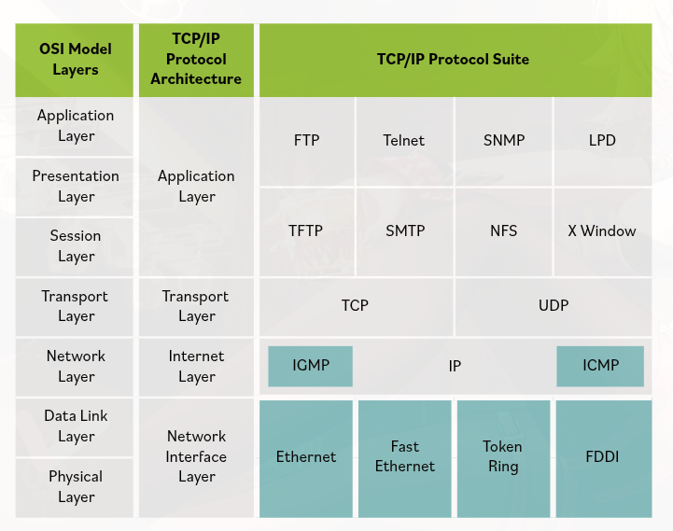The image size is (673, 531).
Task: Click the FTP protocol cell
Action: click(x=306, y=141)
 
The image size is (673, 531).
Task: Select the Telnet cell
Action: click(x=403, y=141)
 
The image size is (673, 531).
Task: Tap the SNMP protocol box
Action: click(x=504, y=141)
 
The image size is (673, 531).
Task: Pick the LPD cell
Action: click(x=602, y=141)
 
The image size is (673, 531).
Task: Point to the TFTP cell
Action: click(x=306, y=231)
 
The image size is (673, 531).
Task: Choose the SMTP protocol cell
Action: click(x=404, y=231)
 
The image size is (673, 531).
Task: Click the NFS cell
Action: click(x=504, y=231)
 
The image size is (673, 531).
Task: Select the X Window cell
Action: click(x=602, y=231)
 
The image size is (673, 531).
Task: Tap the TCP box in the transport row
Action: click(x=355, y=305)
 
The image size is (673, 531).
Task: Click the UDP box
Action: click(x=554, y=305)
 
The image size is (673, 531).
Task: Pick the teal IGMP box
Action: click(x=311, y=366)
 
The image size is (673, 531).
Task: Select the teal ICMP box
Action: click(x=600, y=366)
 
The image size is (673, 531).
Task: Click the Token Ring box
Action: click(x=503, y=457)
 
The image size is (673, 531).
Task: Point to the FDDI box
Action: click(x=603, y=457)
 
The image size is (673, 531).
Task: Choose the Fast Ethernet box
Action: click(x=405, y=457)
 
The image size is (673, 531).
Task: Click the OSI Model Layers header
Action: click(x=76, y=59)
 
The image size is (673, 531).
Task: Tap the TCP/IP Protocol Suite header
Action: click(x=453, y=59)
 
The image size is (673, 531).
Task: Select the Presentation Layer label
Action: click(x=76, y=186)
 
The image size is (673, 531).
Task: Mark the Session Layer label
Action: click(x=76, y=246)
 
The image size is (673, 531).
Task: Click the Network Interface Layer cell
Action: click(x=196, y=457)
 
